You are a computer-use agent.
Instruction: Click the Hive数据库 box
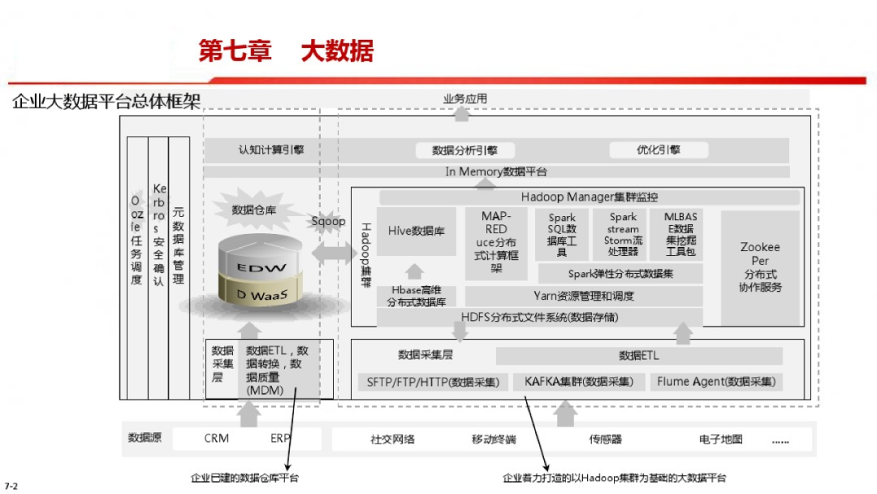coord(416,232)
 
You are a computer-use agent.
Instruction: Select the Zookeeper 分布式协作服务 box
coord(760,267)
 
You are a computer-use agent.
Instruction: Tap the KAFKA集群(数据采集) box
coord(578,381)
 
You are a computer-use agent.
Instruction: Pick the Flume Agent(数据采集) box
coord(715,381)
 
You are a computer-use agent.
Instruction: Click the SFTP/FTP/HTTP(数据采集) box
coord(433,381)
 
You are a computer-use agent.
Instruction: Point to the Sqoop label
coord(329,221)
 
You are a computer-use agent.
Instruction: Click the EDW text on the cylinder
coord(250,267)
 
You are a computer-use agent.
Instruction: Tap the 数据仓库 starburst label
coord(254,210)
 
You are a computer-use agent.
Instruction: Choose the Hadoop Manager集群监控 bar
coord(589,197)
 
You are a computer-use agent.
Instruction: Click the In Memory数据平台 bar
coord(495,171)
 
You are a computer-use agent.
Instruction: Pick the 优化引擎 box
coord(658,149)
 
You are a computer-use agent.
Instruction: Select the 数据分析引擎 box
coord(464,150)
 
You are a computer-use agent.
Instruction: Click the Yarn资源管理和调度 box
coord(583,296)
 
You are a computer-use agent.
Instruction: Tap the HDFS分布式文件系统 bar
coord(539,317)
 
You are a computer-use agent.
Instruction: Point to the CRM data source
coord(217,439)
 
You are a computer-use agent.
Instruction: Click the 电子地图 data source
coord(720,440)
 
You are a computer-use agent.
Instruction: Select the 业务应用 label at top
coord(464,99)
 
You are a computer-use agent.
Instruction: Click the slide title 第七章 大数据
coord(286,51)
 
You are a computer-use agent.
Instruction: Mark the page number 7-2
coord(11,486)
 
